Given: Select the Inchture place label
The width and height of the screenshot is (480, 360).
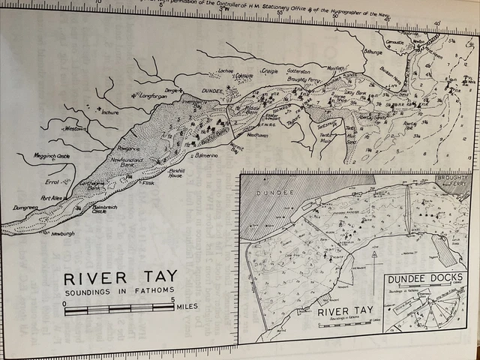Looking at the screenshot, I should click(108, 112).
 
